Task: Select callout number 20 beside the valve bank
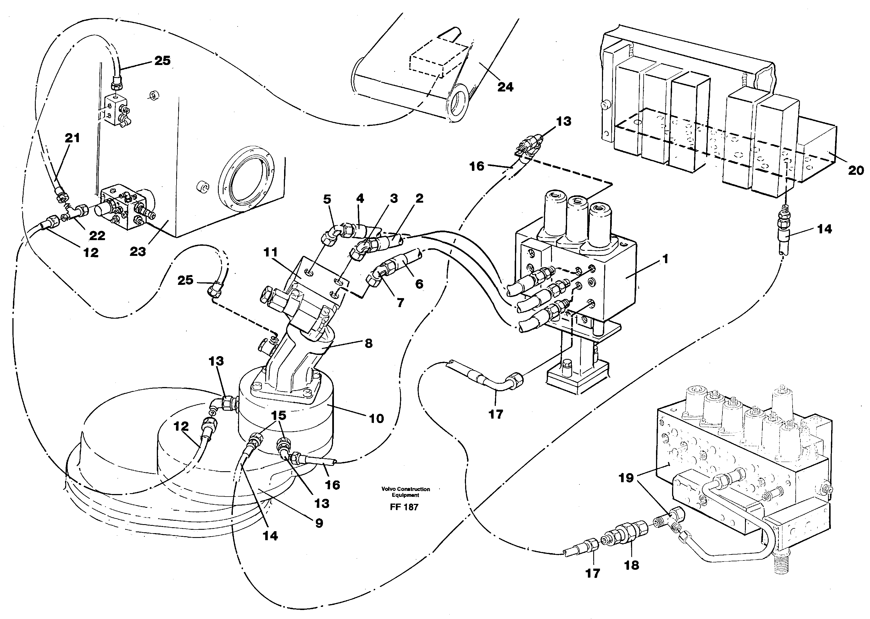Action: [x=856, y=170]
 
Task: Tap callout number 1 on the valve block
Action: [x=665, y=259]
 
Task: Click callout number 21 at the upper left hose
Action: [x=72, y=138]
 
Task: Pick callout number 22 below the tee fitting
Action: [x=97, y=236]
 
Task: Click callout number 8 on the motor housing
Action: [x=368, y=343]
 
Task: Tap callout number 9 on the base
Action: [x=319, y=523]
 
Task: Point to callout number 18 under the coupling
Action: [x=631, y=565]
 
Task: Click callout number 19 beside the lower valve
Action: [x=626, y=478]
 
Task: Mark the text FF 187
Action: [x=404, y=507]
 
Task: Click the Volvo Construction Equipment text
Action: [x=405, y=492]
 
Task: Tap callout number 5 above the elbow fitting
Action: [x=327, y=199]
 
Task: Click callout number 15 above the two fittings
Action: [x=279, y=415]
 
